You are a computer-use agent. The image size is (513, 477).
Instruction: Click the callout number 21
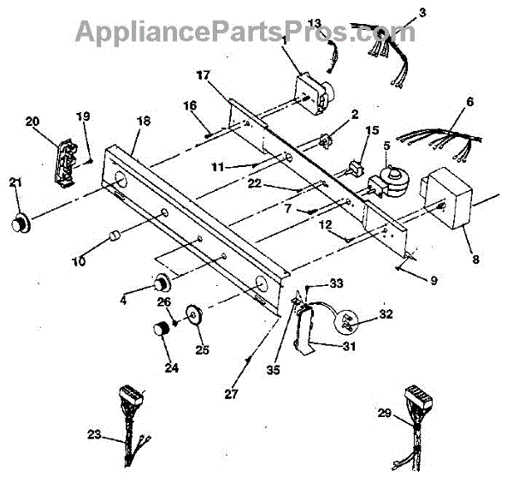14,182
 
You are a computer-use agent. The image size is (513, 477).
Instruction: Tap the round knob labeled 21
19,222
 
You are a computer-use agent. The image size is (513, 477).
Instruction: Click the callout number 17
203,75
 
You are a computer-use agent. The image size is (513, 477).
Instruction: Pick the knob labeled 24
161,330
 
